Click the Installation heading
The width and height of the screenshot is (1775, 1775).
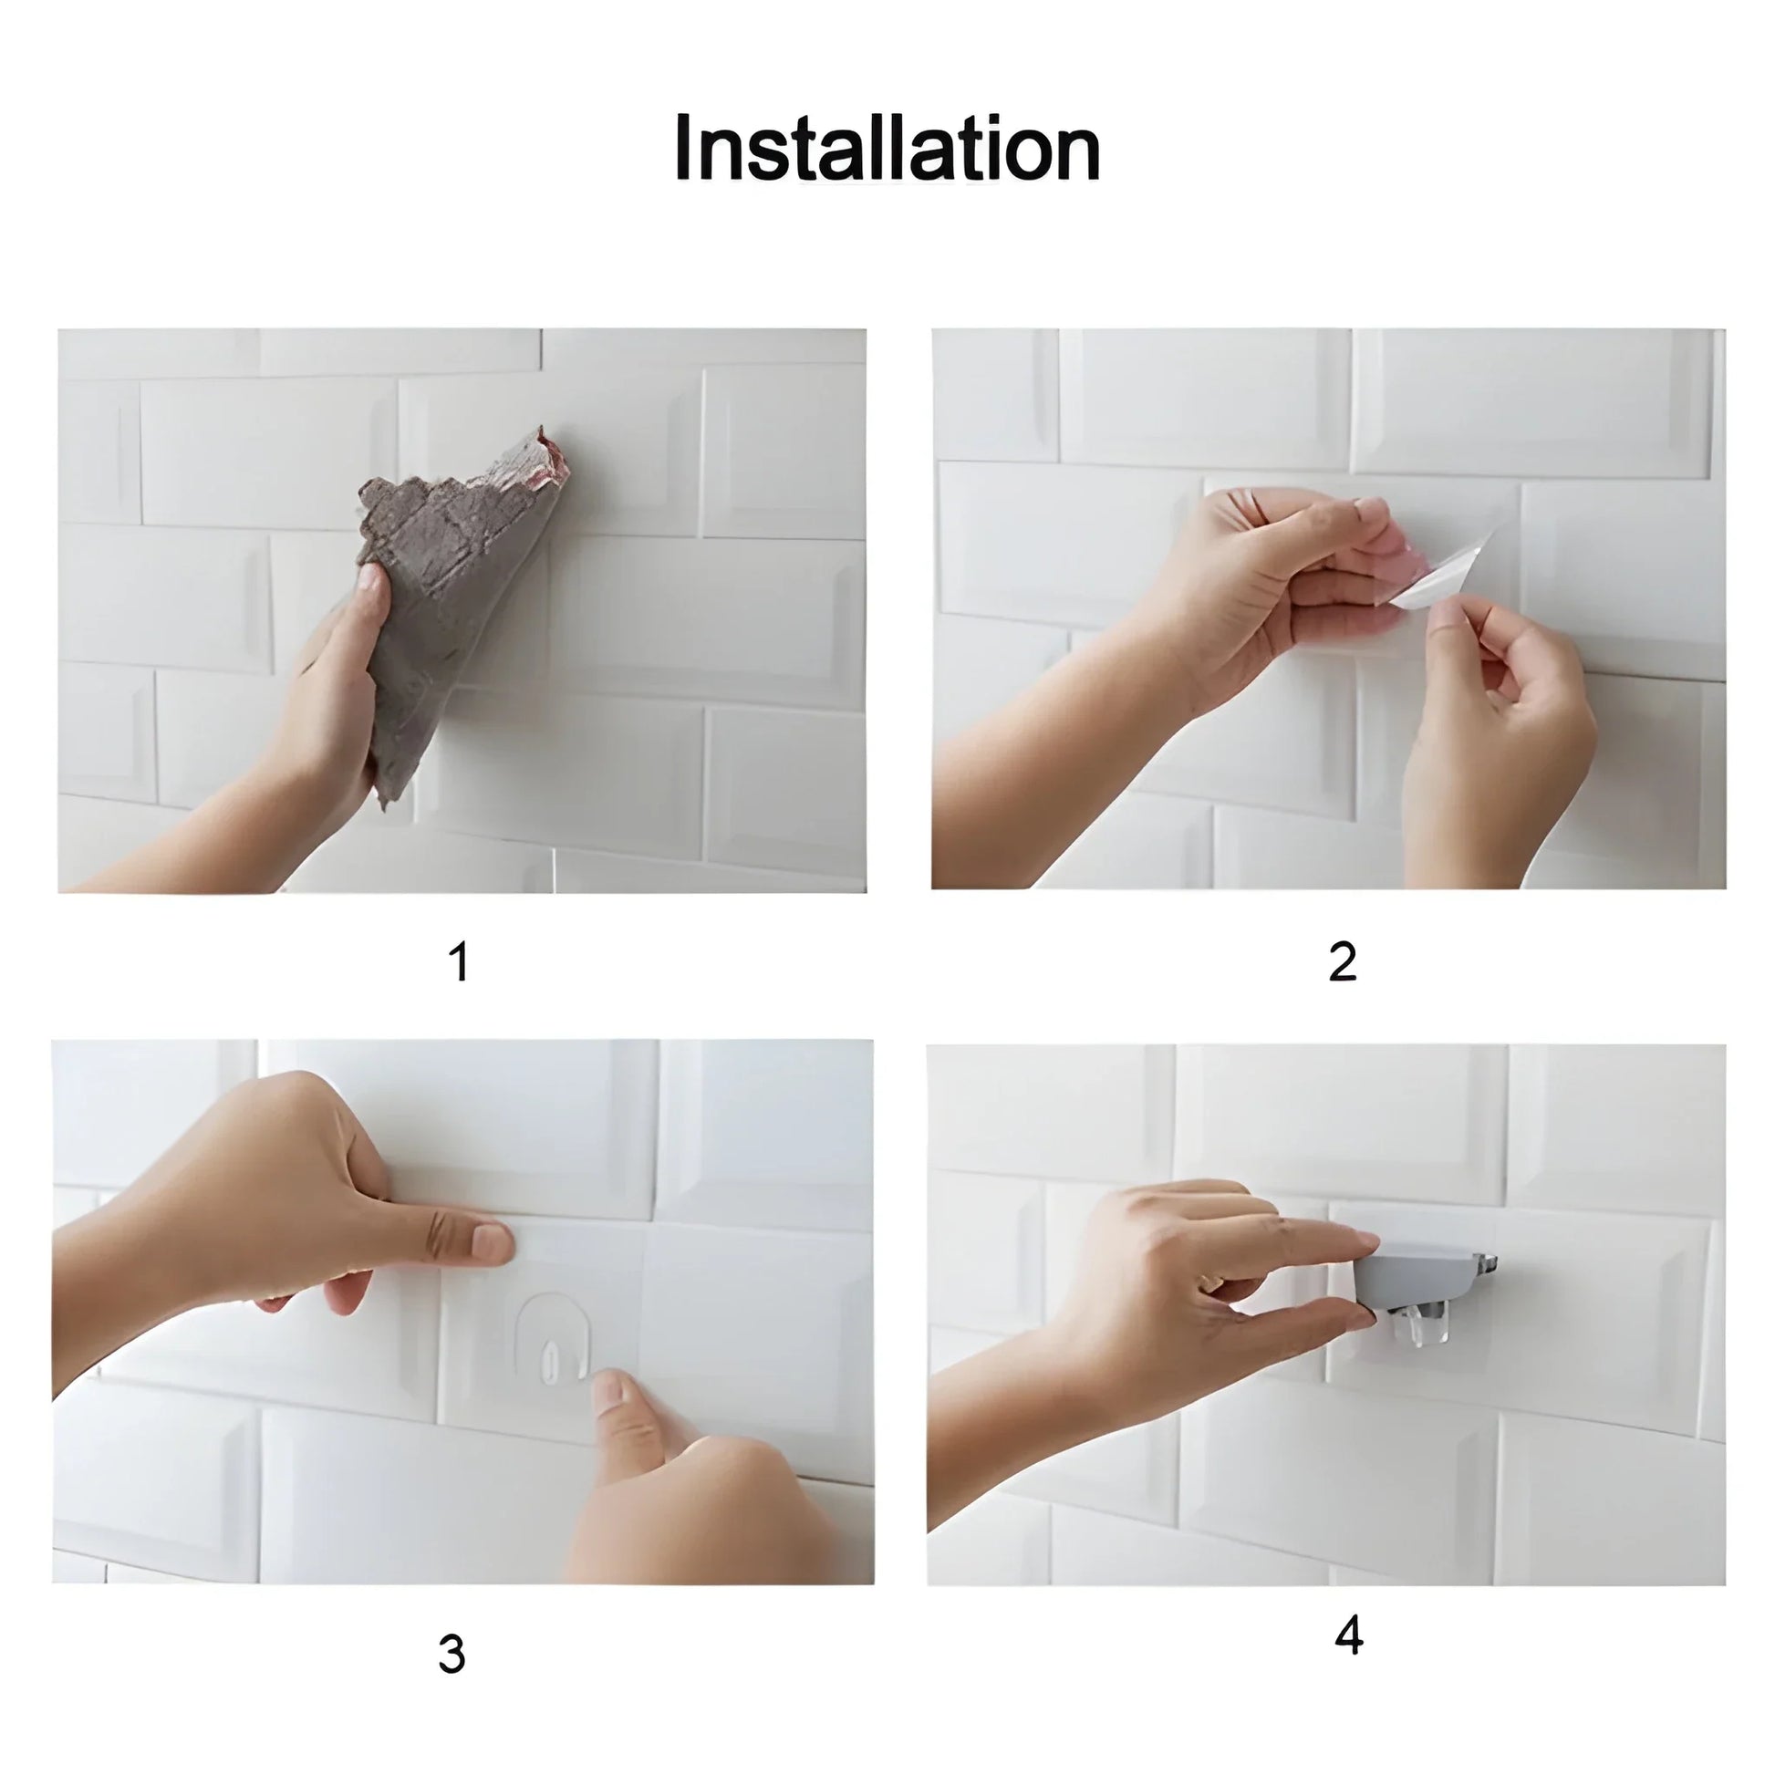pyautogui.click(x=887, y=150)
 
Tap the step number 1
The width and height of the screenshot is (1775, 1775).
pyautogui.click(x=460, y=962)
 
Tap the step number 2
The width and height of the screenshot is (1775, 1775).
pyautogui.click(x=1343, y=962)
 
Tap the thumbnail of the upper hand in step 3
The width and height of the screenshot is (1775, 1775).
pyautogui.click(x=492, y=1244)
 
